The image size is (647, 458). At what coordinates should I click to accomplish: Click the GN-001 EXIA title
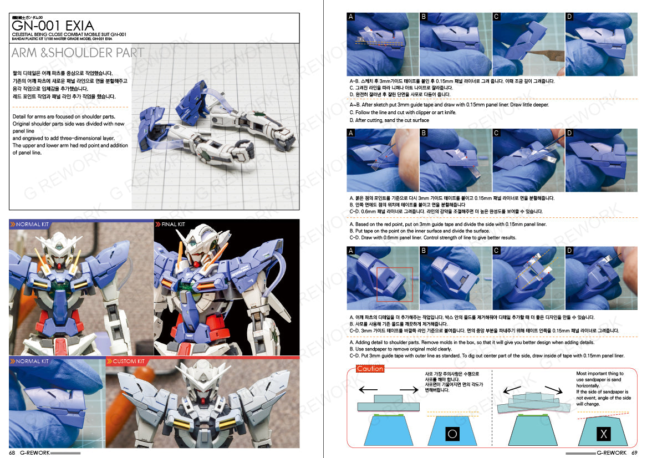click(53, 26)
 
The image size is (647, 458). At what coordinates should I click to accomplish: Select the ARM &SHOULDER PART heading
click(78, 53)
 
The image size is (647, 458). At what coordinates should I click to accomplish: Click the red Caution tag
click(370, 369)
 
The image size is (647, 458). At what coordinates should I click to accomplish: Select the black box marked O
click(452, 434)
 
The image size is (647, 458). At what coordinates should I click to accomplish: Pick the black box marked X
click(603, 434)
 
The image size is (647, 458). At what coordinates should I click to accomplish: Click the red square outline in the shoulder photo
click(394, 284)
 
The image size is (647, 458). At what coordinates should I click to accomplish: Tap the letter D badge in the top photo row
click(569, 17)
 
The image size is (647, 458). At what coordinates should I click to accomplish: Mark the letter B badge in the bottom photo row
click(424, 251)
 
